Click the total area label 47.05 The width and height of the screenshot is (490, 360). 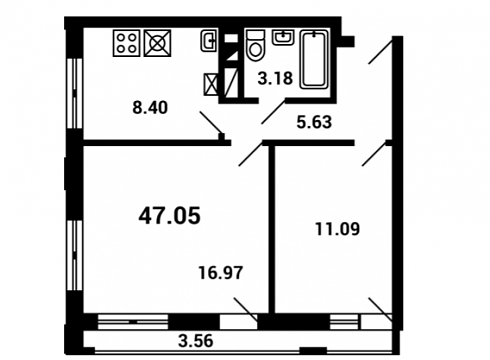pyautogui.click(x=170, y=216)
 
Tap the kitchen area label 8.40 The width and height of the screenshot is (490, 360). pyautogui.click(x=150, y=108)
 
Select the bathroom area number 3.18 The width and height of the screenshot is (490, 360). pyautogui.click(x=275, y=79)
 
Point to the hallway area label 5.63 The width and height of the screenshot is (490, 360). pyautogui.click(x=314, y=122)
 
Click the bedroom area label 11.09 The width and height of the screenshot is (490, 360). pyautogui.click(x=338, y=229)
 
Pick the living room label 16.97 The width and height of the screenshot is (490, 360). pyautogui.click(x=221, y=273)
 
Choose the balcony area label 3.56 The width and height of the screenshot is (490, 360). pyautogui.click(x=196, y=341)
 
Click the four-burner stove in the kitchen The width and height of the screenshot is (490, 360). pyautogui.click(x=126, y=43)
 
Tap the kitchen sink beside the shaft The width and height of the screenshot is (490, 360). pyautogui.click(x=209, y=41)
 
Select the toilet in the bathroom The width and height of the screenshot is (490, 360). pyautogui.click(x=256, y=46)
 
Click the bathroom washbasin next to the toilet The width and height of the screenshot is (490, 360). pyautogui.click(x=283, y=37)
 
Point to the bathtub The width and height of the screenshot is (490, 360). pyautogui.click(x=314, y=59)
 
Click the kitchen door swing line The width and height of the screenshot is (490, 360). pyautogui.click(x=212, y=123)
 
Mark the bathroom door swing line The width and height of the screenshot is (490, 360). pyautogui.click(x=273, y=112)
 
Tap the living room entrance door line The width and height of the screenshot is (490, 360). pyautogui.click(x=251, y=154)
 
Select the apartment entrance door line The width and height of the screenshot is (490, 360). pyautogui.click(x=380, y=51)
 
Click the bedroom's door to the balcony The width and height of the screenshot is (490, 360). pyautogui.click(x=380, y=310)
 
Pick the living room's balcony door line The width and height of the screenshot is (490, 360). pyautogui.click(x=246, y=310)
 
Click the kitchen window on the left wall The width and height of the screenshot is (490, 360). pyautogui.click(x=74, y=94)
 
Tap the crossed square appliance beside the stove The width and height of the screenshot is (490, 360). pyautogui.click(x=157, y=43)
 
